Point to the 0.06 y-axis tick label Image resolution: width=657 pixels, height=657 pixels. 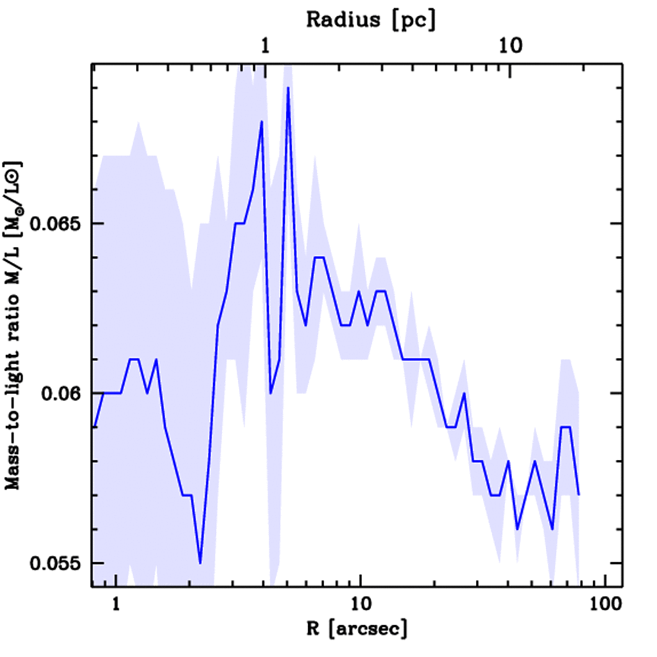click(62, 393)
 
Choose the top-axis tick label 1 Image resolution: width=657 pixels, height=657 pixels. click(265, 46)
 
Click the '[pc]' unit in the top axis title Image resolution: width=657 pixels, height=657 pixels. click(416, 20)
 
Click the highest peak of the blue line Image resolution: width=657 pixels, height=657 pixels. click(289, 87)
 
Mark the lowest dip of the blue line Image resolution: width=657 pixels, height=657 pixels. click(200, 563)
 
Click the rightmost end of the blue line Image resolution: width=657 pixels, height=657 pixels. click(579, 495)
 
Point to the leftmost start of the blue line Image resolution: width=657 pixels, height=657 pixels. click(94, 427)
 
